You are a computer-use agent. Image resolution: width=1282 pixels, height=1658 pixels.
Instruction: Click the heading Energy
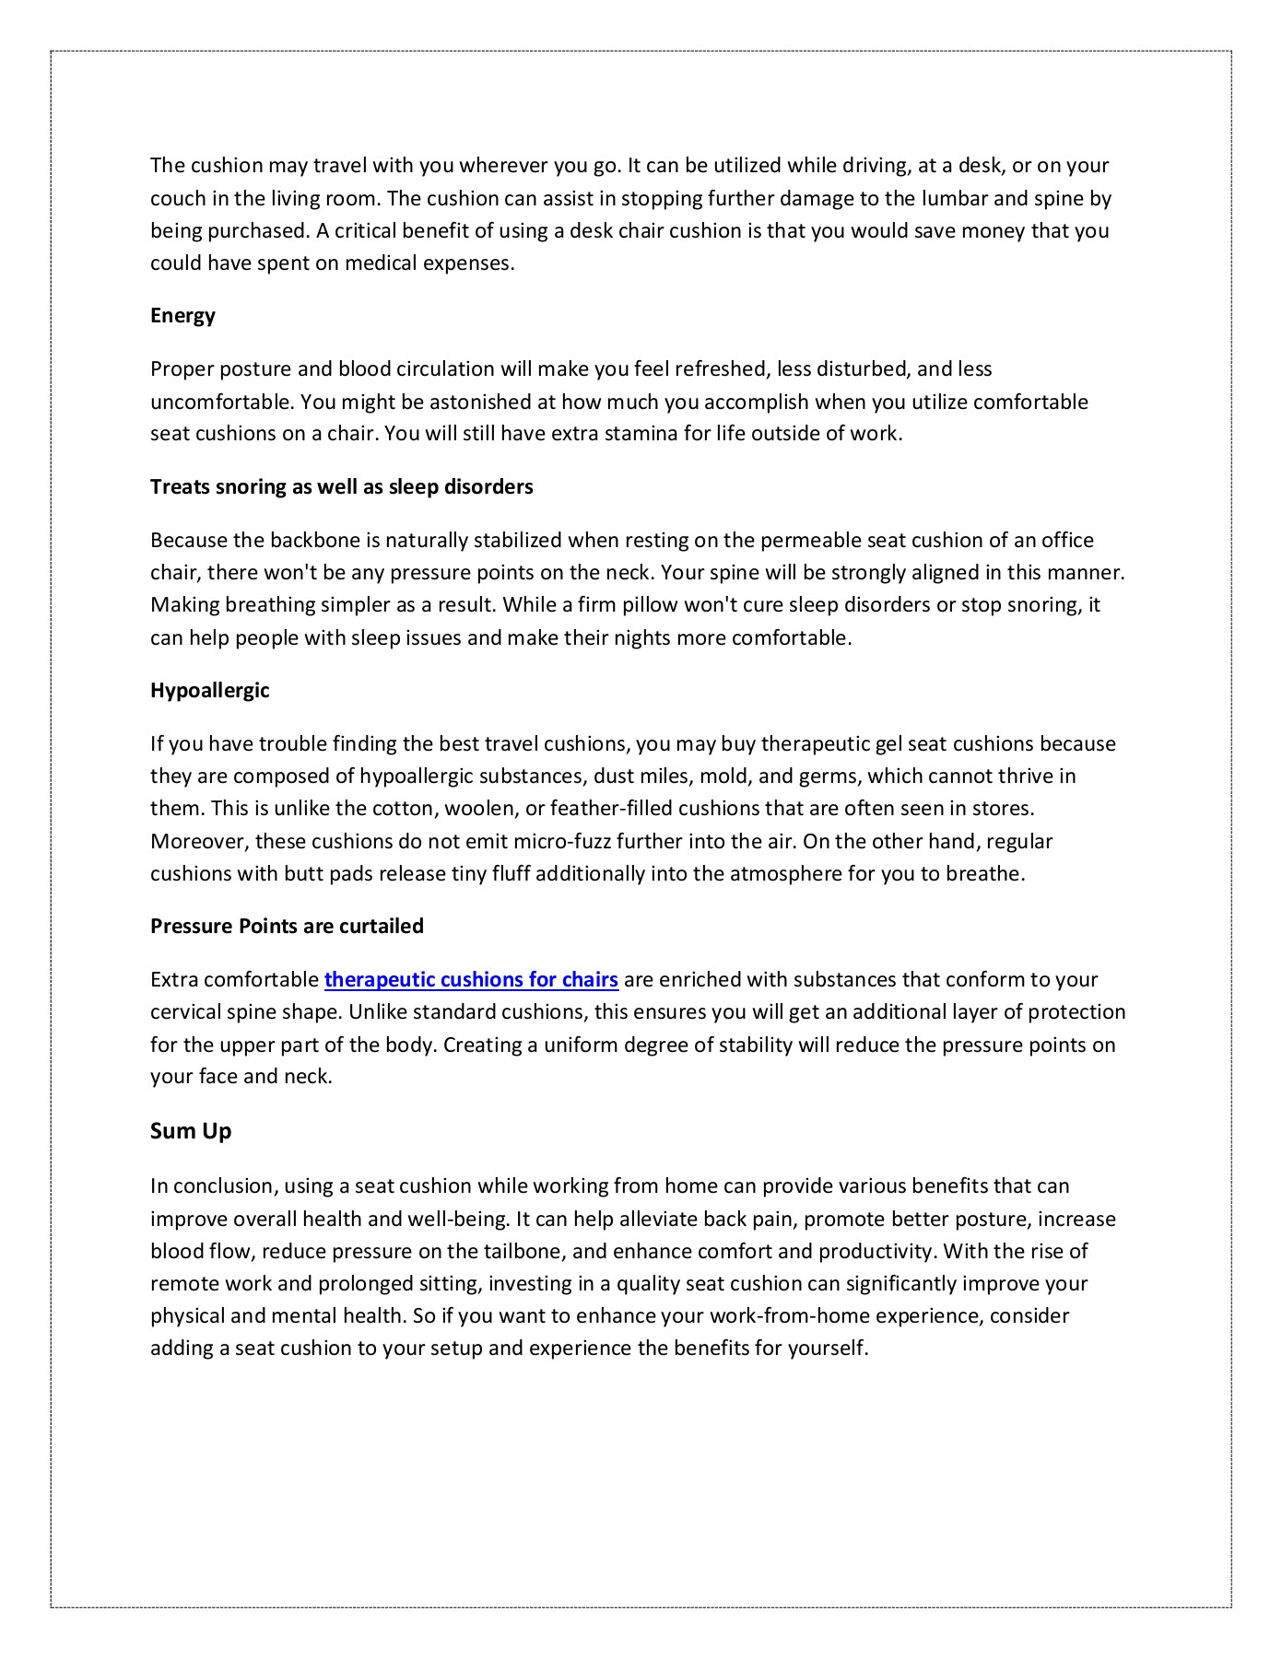click(182, 316)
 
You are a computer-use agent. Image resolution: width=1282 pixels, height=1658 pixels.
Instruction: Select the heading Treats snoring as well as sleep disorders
click(341, 486)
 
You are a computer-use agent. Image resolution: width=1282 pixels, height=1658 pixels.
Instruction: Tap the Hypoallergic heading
click(209, 690)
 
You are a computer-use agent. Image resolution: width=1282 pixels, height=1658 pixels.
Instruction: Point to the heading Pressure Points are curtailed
click(287, 926)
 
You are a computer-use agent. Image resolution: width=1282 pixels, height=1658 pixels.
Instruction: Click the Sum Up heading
click(191, 1131)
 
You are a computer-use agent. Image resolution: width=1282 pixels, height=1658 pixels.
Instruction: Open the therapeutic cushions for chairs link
click(471, 979)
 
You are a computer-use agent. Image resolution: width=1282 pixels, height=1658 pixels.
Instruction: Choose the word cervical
click(185, 1012)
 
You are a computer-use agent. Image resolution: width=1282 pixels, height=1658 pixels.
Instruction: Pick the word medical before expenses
click(381, 263)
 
